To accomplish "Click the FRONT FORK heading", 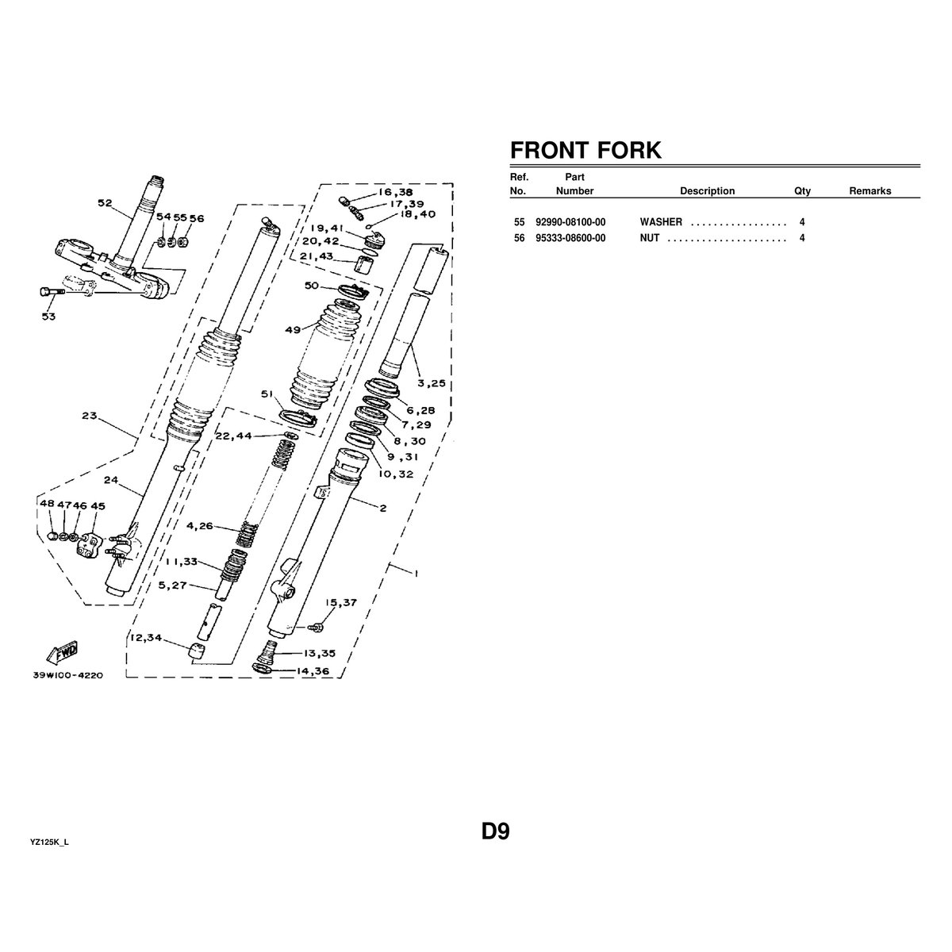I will coord(585,150).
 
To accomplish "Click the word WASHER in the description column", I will coord(661,222).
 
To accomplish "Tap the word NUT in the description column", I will coord(650,238).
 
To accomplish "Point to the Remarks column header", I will coord(870,191).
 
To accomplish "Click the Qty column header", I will coord(802,191).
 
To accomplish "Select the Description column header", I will coord(707,191).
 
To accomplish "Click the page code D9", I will coord(495,831).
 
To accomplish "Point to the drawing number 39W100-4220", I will coord(67,676).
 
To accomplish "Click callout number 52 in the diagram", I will coord(105,203).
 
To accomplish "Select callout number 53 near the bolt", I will coord(49,317).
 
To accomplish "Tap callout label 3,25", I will coord(432,383).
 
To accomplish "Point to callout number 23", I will coord(88,414).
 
